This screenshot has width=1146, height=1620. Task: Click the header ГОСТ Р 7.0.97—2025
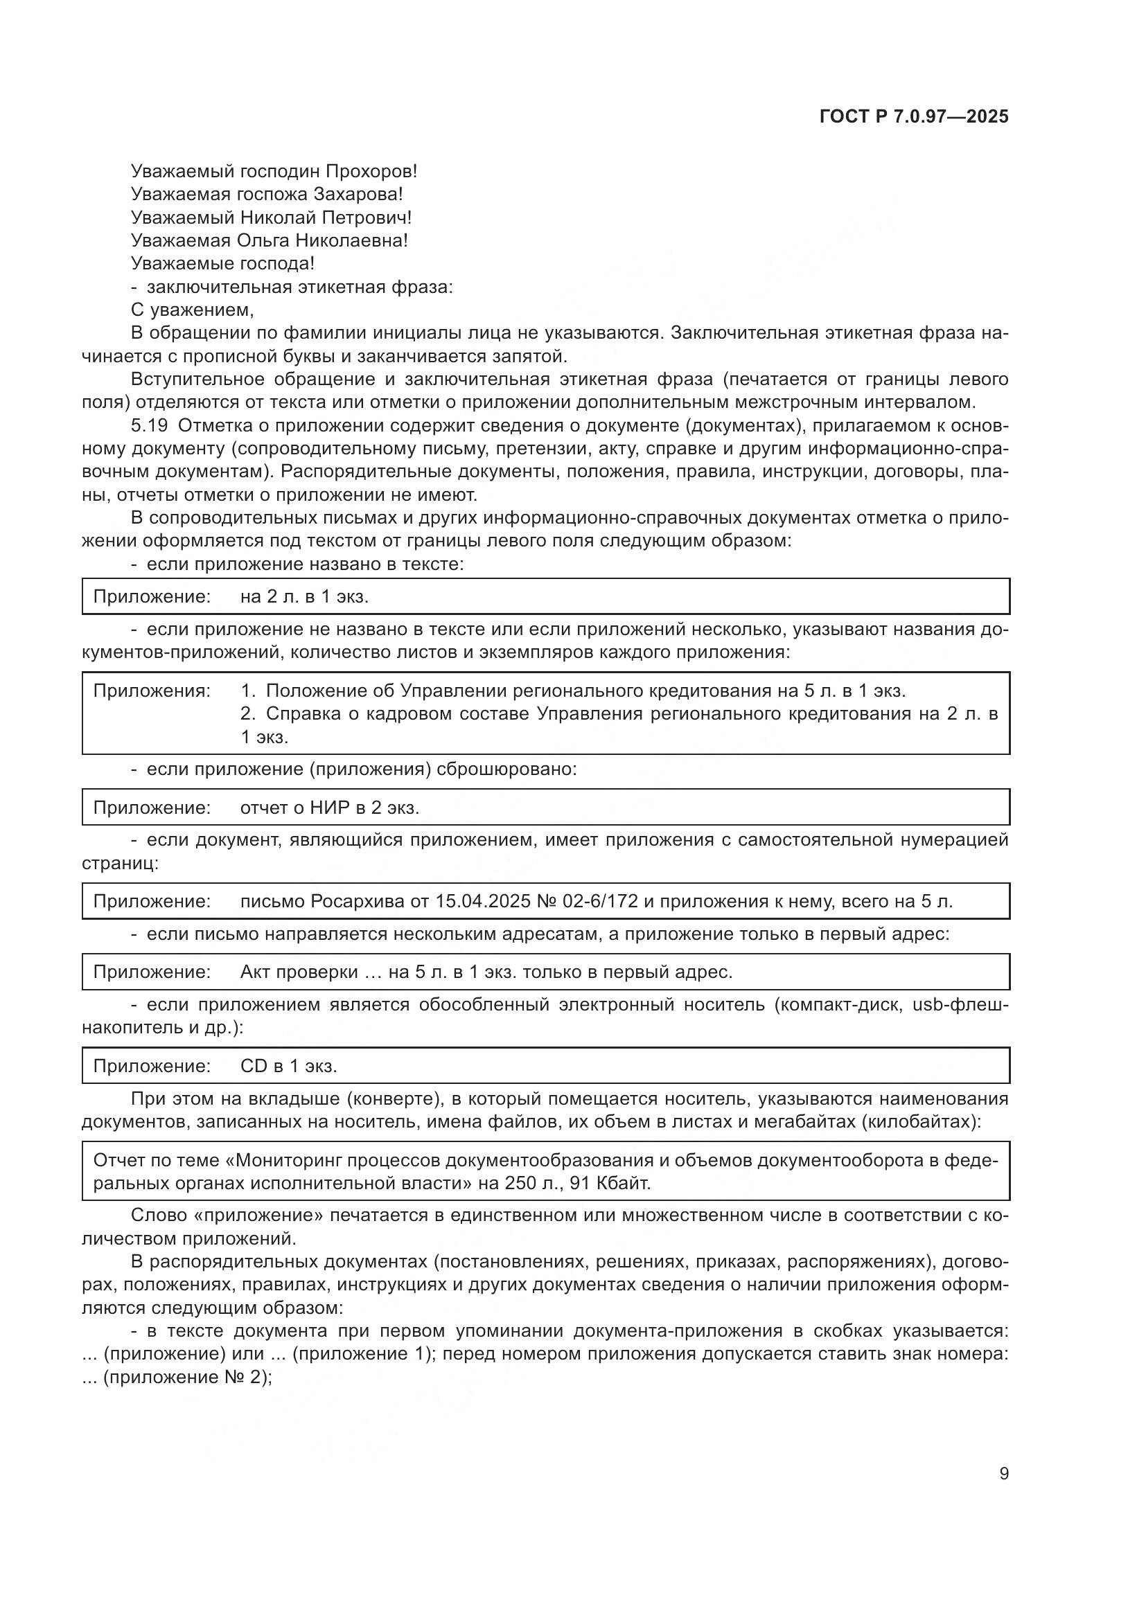(914, 116)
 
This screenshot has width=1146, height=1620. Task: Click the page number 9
(1004, 1474)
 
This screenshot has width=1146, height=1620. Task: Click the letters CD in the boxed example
(254, 1065)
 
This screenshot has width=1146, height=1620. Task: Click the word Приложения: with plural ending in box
(152, 691)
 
